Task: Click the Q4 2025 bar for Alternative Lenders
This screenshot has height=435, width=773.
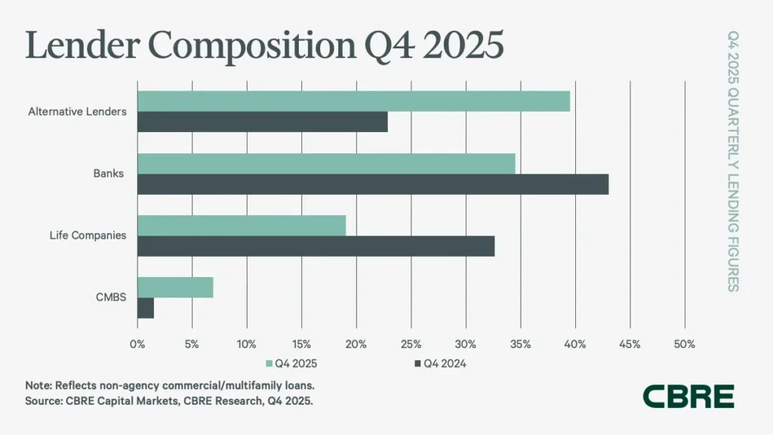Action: click(x=353, y=101)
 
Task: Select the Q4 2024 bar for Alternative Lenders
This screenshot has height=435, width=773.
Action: click(x=262, y=122)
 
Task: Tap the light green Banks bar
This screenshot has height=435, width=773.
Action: click(x=326, y=163)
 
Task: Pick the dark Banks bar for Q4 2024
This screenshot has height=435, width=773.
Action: click(x=372, y=184)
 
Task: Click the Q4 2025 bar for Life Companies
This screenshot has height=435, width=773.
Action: click(x=242, y=225)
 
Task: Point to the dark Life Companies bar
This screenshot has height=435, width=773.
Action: click(x=316, y=246)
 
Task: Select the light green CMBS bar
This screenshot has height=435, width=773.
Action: click(x=175, y=287)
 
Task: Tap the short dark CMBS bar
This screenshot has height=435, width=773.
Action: click(x=146, y=308)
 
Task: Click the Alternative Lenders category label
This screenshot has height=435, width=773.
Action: click(x=77, y=112)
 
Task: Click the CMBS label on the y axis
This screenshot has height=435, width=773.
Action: click(x=110, y=298)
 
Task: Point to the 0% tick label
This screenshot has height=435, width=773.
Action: click(x=137, y=344)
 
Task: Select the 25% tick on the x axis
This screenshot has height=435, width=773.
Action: click(x=411, y=344)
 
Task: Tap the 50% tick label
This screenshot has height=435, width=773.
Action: click(x=684, y=344)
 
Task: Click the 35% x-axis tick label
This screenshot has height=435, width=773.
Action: click(x=520, y=344)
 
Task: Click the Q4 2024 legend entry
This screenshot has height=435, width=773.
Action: click(x=441, y=364)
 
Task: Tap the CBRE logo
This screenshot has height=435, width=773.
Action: click(x=688, y=396)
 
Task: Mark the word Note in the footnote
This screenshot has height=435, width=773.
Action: click(x=38, y=385)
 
